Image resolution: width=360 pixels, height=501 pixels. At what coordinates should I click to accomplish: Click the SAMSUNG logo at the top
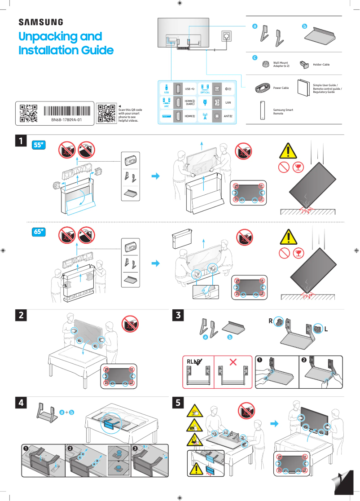(40, 22)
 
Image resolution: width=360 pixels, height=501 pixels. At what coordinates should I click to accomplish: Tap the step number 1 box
(20, 141)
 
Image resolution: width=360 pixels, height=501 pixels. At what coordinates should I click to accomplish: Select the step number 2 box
(20, 315)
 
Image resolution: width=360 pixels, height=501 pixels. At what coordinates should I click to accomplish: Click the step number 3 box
(179, 315)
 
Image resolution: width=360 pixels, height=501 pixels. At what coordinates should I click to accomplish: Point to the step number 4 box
(20, 403)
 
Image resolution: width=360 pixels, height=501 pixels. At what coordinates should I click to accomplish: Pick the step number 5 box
(179, 403)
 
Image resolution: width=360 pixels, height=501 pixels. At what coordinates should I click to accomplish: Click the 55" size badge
(40, 145)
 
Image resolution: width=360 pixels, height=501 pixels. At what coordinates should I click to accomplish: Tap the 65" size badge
(40, 232)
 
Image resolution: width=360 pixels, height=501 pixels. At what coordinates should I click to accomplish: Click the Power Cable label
(281, 88)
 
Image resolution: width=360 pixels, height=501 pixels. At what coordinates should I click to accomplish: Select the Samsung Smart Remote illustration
(263, 111)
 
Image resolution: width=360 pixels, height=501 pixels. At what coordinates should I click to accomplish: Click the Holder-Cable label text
(321, 65)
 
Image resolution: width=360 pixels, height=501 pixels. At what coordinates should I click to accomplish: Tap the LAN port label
(228, 103)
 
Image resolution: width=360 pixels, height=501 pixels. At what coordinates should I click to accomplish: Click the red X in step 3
(233, 362)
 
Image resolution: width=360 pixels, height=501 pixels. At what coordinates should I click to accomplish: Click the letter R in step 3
(271, 321)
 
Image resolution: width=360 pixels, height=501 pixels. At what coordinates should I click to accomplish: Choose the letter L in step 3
(326, 329)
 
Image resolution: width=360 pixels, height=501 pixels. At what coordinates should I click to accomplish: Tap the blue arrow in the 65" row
(156, 264)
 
